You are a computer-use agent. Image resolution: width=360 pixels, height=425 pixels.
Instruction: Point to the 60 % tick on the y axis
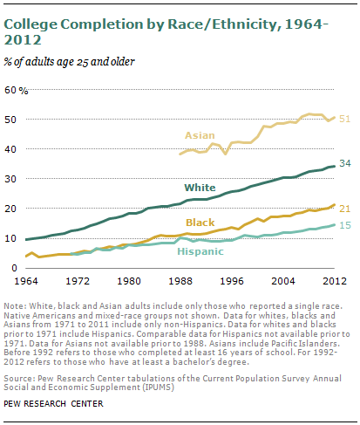pos(17,90)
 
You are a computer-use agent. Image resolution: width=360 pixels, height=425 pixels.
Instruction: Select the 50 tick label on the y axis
pos(10,120)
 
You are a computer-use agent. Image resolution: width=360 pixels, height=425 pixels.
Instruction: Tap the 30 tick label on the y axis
pos(10,179)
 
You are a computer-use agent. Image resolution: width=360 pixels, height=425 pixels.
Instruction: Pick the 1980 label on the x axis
pos(131,282)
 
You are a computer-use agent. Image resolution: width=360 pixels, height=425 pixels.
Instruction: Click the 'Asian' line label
pos(199,135)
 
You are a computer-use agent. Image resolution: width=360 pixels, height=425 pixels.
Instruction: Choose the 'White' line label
pos(199,188)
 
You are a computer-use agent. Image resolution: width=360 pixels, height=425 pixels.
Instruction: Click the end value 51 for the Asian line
pos(344,118)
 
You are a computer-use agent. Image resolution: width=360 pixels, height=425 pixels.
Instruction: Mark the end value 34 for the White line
pos(344,164)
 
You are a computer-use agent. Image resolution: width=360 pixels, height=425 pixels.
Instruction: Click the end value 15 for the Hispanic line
pos(344,225)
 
